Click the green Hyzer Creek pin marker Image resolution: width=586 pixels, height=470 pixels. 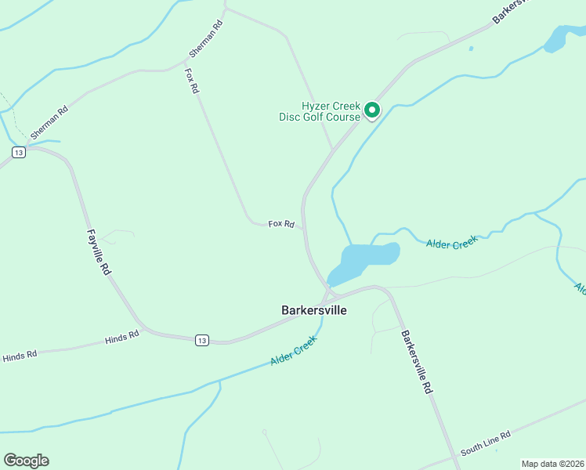click(x=372, y=111)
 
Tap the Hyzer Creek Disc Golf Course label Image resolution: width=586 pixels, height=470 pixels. click(x=320, y=112)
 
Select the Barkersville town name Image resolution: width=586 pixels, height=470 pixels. click(x=313, y=310)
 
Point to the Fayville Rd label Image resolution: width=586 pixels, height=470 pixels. click(x=98, y=252)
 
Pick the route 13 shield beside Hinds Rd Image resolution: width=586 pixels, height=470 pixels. click(x=202, y=339)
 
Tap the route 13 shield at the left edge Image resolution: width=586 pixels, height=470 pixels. click(x=19, y=152)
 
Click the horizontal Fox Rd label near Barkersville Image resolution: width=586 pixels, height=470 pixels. click(x=281, y=224)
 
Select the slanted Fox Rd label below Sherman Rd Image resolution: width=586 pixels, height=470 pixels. click(x=191, y=81)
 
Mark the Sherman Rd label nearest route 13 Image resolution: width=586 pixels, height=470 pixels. click(x=49, y=123)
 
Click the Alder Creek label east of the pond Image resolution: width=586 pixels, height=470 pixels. click(x=451, y=244)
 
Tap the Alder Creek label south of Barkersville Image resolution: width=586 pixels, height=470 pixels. click(x=293, y=350)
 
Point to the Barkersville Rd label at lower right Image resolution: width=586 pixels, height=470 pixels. click(x=417, y=361)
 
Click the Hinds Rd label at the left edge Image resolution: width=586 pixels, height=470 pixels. click(x=19, y=356)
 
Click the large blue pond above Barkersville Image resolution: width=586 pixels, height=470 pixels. click(x=367, y=258)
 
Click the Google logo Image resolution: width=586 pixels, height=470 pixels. click(x=26, y=460)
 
